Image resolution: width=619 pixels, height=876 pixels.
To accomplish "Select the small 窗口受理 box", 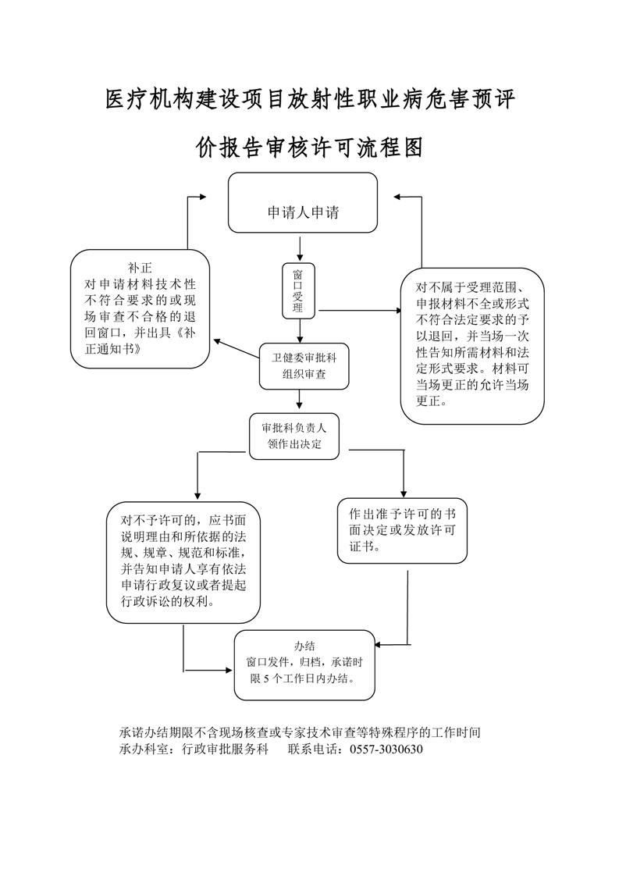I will [x=297, y=290].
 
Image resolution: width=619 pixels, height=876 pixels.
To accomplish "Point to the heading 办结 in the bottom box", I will [x=304, y=646].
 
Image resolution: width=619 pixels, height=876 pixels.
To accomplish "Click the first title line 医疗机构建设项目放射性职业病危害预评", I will [x=310, y=99].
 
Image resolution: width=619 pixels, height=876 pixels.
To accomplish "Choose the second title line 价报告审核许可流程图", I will [x=310, y=147].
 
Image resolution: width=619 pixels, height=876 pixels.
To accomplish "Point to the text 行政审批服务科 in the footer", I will [x=225, y=749].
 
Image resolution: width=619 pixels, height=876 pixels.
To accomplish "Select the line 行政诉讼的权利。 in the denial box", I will [x=169, y=601].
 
